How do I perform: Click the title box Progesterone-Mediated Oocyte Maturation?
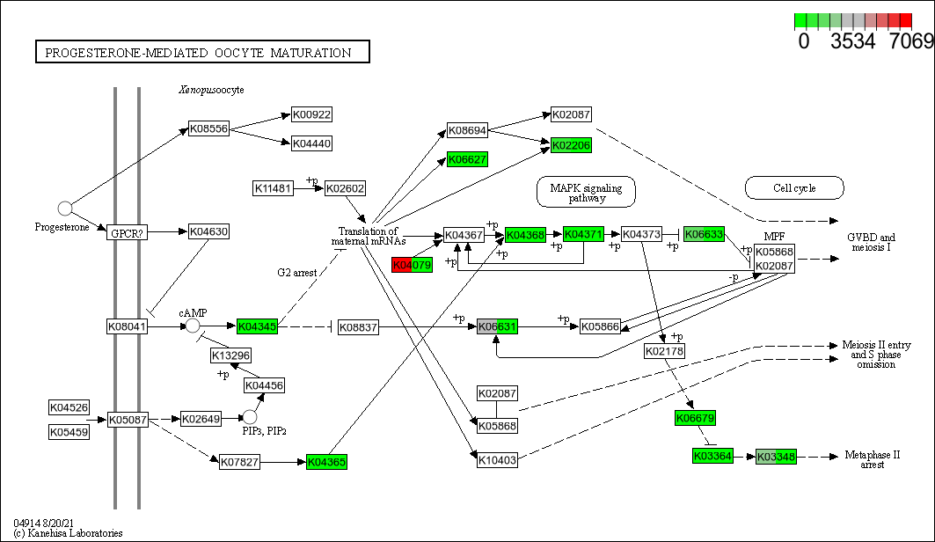click(x=202, y=53)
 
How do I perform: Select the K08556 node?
click(x=209, y=128)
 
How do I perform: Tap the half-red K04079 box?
click(x=412, y=265)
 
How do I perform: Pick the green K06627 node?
click(x=467, y=159)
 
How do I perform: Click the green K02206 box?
click(x=571, y=145)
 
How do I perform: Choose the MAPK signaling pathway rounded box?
click(x=586, y=192)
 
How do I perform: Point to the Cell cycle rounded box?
click(x=794, y=187)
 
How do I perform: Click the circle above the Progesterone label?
click(x=64, y=209)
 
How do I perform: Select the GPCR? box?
click(x=128, y=232)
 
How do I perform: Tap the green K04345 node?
click(x=257, y=326)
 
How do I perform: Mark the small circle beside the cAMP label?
click(x=193, y=326)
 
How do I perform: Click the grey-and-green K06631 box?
click(x=497, y=326)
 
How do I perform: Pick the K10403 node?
click(x=497, y=459)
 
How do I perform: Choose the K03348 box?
click(x=776, y=457)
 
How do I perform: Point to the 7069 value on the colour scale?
click(x=910, y=41)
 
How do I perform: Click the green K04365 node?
click(x=327, y=461)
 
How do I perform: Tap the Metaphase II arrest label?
click(x=873, y=459)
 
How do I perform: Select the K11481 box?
click(x=273, y=188)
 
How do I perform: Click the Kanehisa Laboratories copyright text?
click(x=68, y=532)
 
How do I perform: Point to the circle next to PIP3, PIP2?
click(x=250, y=416)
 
